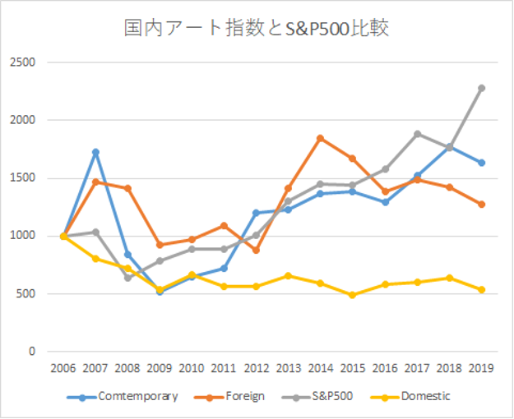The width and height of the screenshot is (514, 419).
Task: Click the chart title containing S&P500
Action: tap(256, 29)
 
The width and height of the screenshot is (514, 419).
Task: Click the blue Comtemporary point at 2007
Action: tap(95, 152)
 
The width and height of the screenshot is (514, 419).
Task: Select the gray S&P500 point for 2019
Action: tap(481, 88)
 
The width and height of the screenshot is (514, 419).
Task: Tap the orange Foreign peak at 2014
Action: tap(320, 138)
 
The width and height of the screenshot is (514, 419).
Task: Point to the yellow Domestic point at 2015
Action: tap(352, 294)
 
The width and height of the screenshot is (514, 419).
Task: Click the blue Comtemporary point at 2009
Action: tap(160, 291)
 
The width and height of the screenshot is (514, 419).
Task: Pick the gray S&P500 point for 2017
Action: tap(417, 134)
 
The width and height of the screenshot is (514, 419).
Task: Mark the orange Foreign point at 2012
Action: tap(256, 250)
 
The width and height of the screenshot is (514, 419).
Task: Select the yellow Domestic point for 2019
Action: tap(481, 289)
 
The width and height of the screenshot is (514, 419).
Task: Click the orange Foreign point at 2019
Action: tap(481, 205)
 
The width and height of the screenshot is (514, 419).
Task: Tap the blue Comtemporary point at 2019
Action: tap(481, 163)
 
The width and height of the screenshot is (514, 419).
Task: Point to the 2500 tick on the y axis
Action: tap(23, 62)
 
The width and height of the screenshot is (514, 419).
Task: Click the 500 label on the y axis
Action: tap(26, 294)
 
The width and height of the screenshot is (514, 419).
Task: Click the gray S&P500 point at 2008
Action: tap(127, 278)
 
